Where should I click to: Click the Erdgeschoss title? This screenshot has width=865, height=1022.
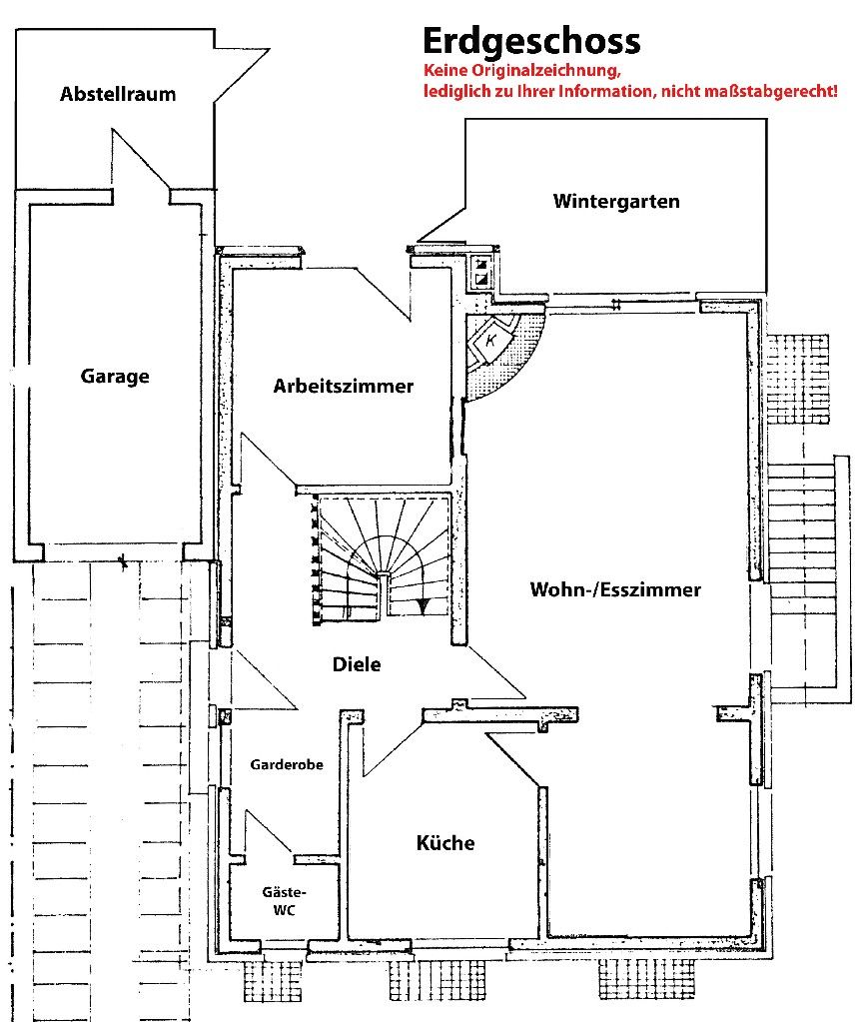pos(531,42)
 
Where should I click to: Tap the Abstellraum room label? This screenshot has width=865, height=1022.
pos(118,94)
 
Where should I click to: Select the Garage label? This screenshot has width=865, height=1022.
pos(115,376)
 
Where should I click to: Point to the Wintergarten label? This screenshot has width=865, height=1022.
pos(616,201)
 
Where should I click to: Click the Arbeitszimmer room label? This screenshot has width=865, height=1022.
pos(343,386)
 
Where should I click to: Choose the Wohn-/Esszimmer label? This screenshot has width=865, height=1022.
pos(615,589)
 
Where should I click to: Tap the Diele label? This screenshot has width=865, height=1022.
pos(357,664)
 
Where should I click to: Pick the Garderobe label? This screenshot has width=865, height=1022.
pos(287,764)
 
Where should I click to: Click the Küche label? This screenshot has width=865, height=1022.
pos(445,843)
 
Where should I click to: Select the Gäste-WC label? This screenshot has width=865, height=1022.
pos(285,901)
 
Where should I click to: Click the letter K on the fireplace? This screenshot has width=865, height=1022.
pos(491,340)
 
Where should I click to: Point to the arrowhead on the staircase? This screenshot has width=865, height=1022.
pos(424,605)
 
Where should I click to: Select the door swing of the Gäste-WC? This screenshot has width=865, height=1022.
pos(269,831)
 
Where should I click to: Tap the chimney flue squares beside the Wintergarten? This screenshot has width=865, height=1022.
pos(482,273)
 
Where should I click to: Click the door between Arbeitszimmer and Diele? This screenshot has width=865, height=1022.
pos(269,461)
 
